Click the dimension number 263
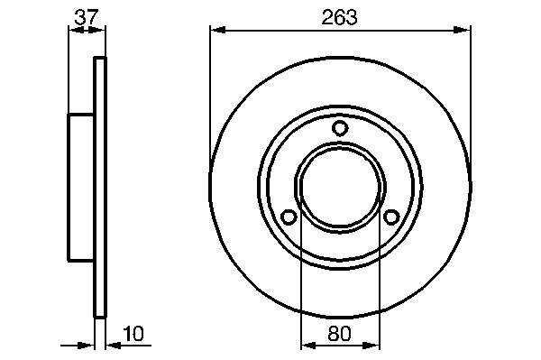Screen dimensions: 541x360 pos(339,18)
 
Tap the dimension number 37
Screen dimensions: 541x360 pos(87,17)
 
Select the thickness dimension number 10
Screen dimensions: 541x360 pos(133,334)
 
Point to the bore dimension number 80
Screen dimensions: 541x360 pos(340,334)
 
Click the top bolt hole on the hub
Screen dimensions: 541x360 pos(340,128)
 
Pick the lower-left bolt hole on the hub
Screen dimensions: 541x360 pos(289,217)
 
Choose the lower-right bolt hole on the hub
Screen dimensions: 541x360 pos(391,217)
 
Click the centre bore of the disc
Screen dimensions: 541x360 pos(340,187)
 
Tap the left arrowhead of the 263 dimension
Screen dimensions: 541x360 pos(218,31)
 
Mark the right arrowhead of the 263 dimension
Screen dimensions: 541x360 pos(462,31)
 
